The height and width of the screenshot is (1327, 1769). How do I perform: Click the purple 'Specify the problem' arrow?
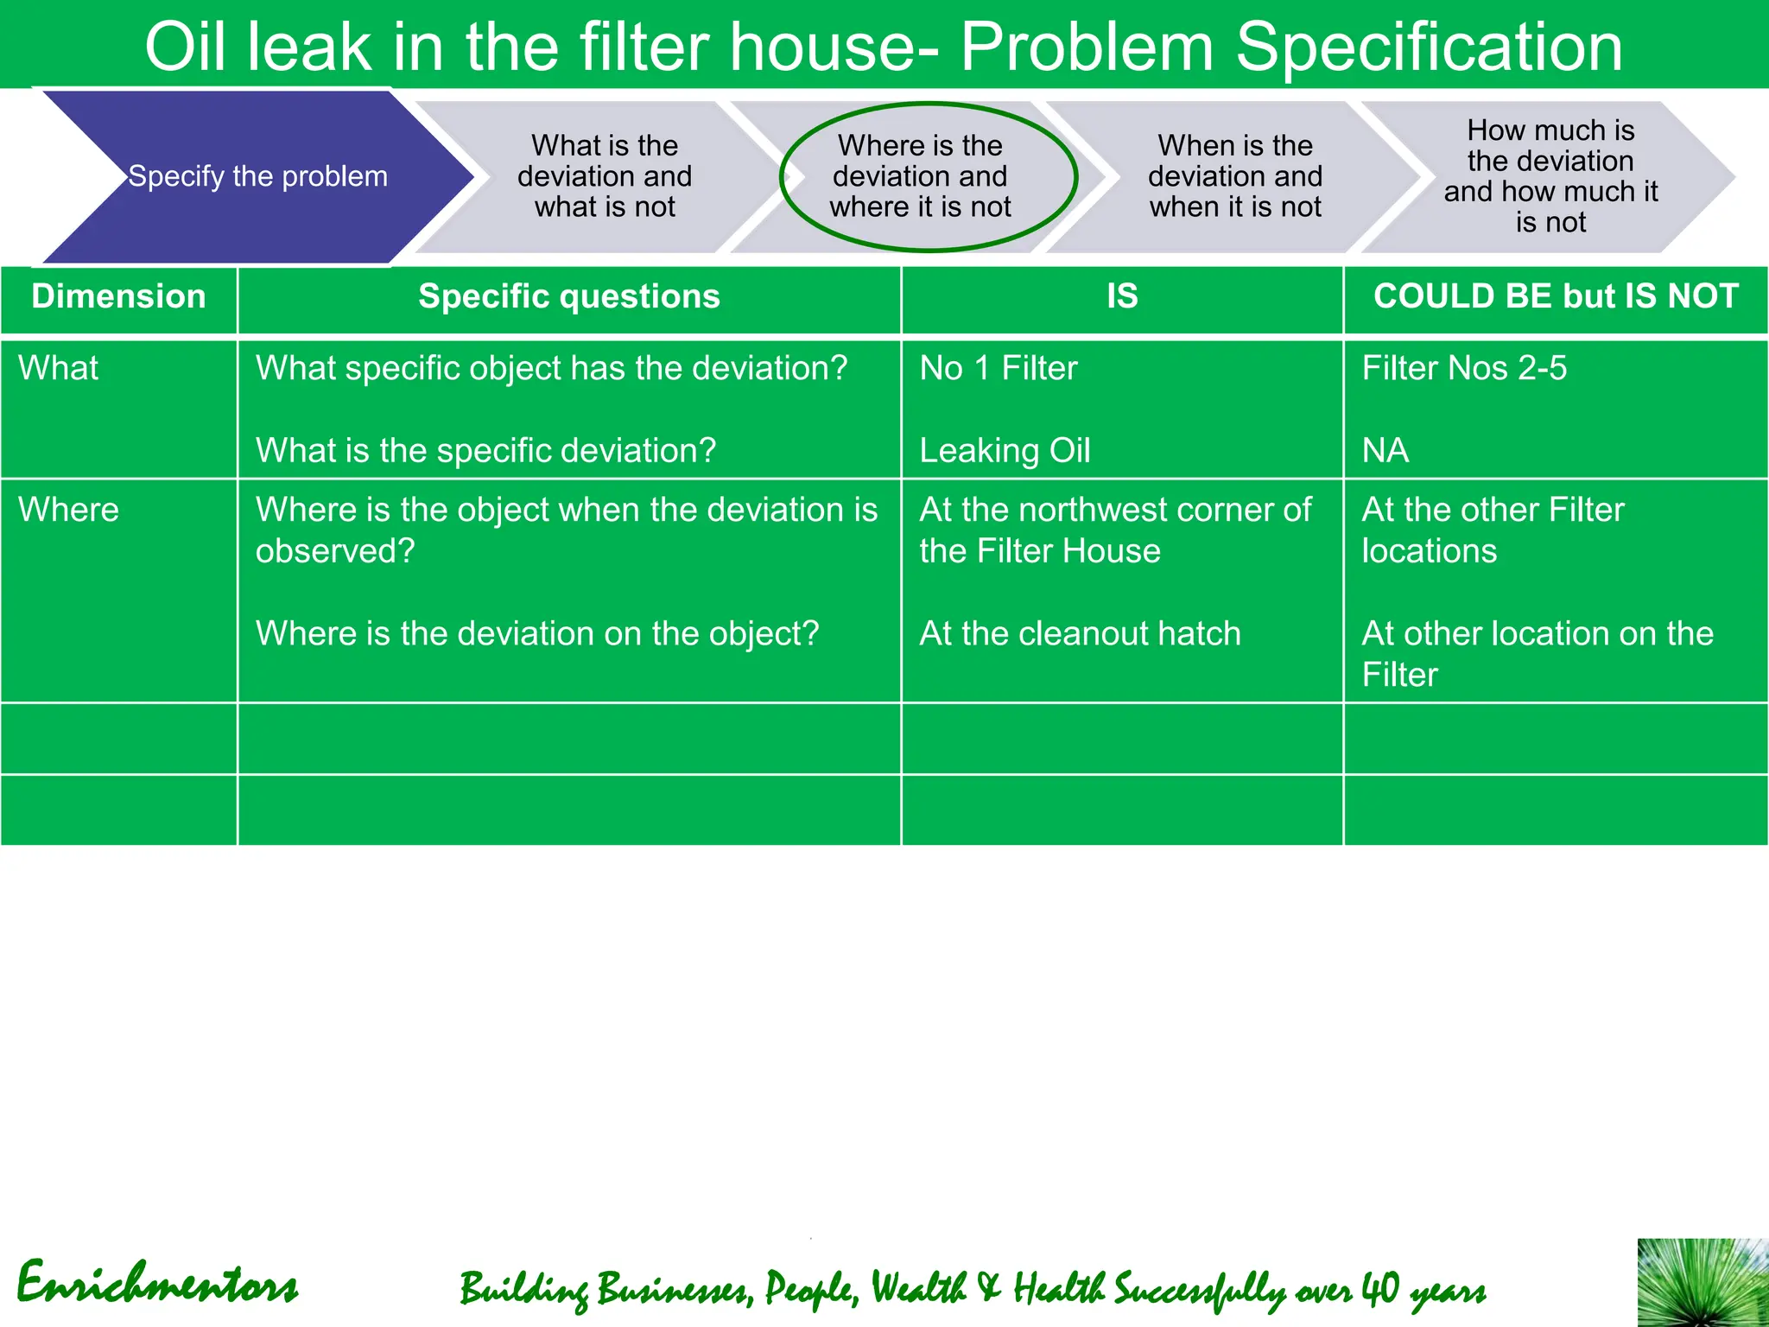coord(257,177)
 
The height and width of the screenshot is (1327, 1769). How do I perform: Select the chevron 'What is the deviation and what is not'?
coord(605,176)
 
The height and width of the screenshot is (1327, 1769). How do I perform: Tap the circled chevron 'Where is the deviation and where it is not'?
coord(920,176)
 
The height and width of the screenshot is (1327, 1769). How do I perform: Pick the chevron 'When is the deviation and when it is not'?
coord(1235,176)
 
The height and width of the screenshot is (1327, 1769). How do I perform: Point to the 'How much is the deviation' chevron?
coord(1550,176)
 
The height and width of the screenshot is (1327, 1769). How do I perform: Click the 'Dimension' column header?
coord(118,296)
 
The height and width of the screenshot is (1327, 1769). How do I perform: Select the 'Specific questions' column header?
coord(569,296)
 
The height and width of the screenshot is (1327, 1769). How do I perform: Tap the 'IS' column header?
coord(1122,296)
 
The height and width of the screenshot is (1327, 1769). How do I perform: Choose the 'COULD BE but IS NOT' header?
coord(1556,296)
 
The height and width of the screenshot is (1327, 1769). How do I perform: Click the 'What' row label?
coord(59,368)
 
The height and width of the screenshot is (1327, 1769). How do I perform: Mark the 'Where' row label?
coord(68,510)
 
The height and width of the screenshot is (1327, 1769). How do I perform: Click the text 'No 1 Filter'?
coord(999,368)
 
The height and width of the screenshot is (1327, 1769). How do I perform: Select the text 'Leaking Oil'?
coord(1005,451)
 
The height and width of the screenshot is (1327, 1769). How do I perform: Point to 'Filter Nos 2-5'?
coord(1464,368)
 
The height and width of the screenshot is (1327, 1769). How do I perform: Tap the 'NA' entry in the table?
coord(1385,451)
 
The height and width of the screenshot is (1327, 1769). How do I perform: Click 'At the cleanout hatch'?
coord(1080,634)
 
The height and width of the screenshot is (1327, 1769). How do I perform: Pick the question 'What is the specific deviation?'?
coord(485,451)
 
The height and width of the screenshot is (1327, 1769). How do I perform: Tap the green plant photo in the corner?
coord(1702,1283)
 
